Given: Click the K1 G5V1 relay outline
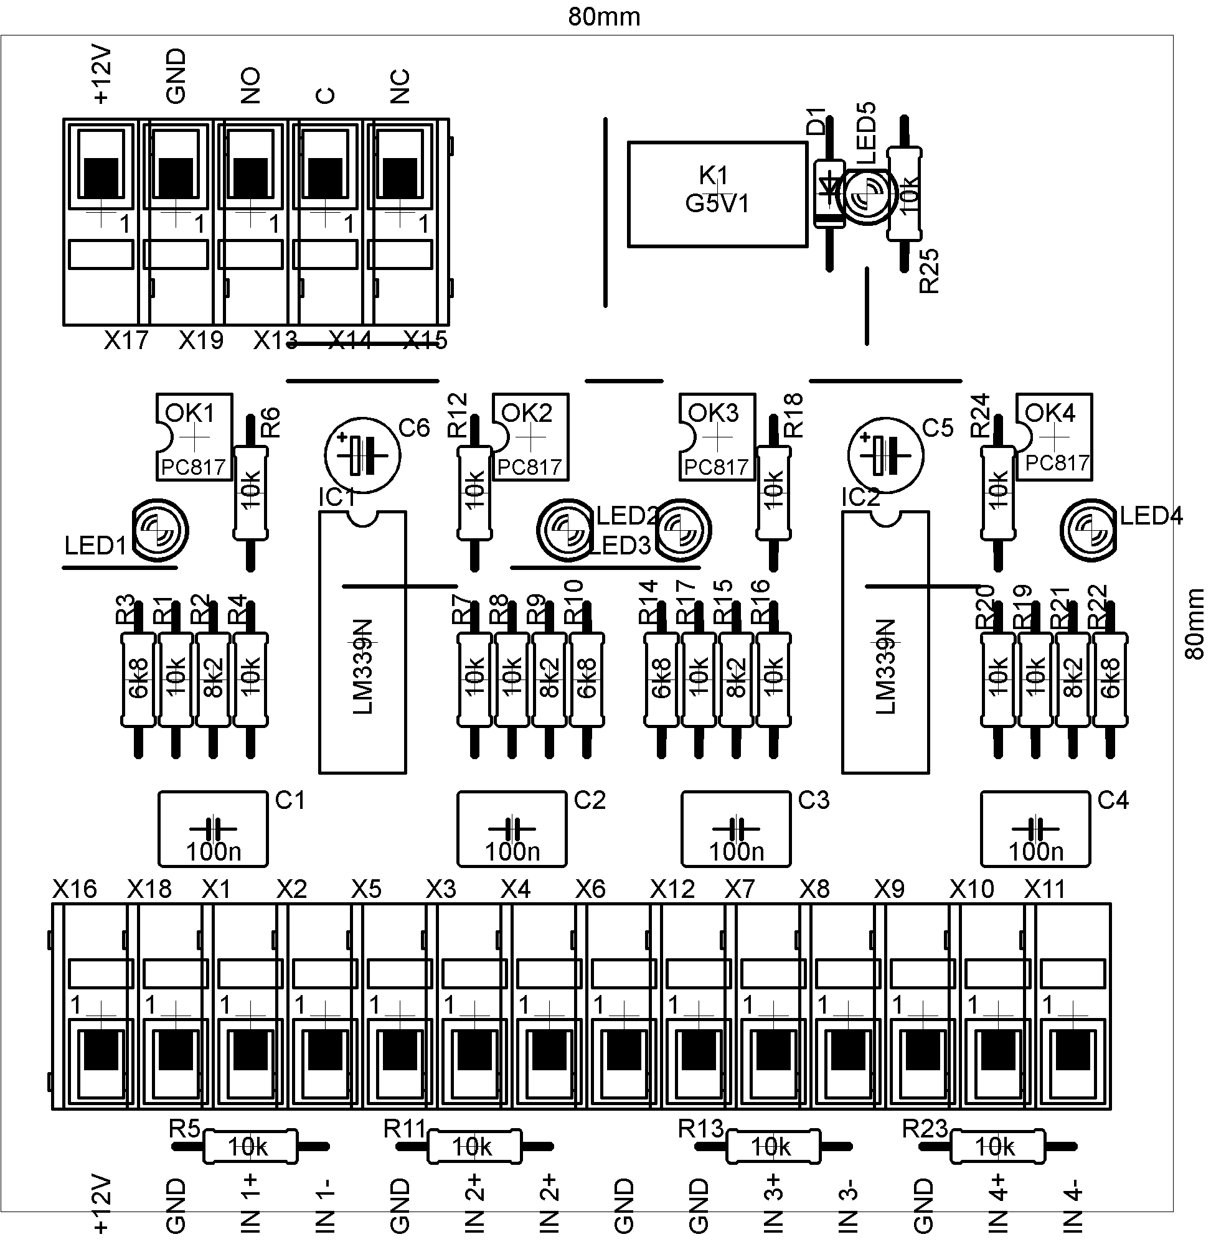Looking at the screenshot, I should click(717, 194).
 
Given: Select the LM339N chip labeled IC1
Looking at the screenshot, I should click(362, 642).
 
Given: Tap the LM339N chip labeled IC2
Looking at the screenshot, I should click(885, 642).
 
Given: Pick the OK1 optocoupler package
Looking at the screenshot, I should click(194, 437).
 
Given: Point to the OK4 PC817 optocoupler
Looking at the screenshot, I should click(1054, 437).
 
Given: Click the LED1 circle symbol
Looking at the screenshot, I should click(160, 530).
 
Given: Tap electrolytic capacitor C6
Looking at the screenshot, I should click(362, 454).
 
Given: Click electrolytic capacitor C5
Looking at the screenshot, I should click(885, 454).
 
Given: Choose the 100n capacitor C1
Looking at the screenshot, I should click(213, 828).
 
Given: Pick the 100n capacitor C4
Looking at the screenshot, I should click(1035, 828).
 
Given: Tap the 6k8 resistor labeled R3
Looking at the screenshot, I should click(138, 679).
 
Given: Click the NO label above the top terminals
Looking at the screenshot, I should click(250, 85).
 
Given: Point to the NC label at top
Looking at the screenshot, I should click(400, 86).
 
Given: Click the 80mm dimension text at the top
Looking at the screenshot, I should click(604, 17).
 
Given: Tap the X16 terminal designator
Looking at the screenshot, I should click(75, 889).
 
